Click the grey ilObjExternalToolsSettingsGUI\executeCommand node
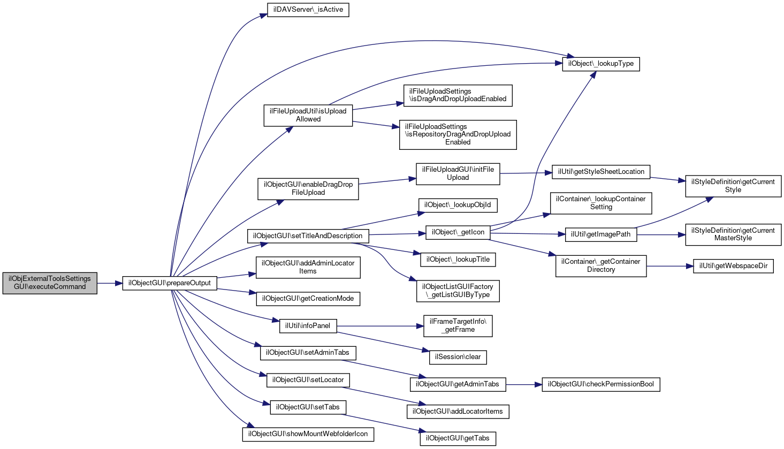pyautogui.click(x=50, y=283)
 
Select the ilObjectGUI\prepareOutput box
pyautogui.click(x=170, y=283)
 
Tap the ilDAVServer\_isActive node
pyautogui.click(x=308, y=10)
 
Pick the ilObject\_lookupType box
pyautogui.click(x=601, y=64)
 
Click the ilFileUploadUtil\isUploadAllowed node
pyautogui.click(x=308, y=116)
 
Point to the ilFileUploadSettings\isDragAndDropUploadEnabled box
pyautogui.click(x=458, y=96)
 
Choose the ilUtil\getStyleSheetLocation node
pyautogui.click(x=601, y=172)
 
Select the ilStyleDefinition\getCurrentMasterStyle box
pyautogui.click(x=733, y=234)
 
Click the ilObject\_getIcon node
pyautogui.click(x=458, y=232)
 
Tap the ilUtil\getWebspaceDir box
pyautogui.click(x=733, y=266)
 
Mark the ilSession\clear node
pyautogui.click(x=458, y=357)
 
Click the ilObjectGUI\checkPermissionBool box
pyautogui.click(x=601, y=384)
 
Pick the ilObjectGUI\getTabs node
pyautogui.click(x=458, y=438)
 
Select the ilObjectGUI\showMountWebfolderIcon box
pyautogui.click(x=308, y=435)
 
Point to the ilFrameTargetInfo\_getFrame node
pyautogui.click(x=458, y=326)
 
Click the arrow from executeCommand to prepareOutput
pyautogui.click(x=110, y=283)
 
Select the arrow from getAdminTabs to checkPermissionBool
pyautogui.click(x=524, y=385)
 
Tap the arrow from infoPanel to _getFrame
pyautogui.click(x=380, y=326)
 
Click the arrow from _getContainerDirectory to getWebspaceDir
pyautogui.click(x=670, y=267)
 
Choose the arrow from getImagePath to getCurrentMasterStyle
pyautogui.click(x=661, y=235)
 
